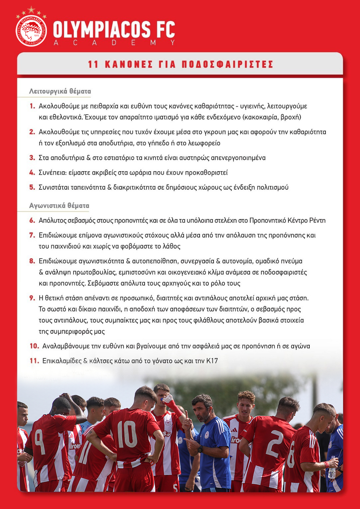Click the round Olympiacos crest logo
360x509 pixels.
point(31,31)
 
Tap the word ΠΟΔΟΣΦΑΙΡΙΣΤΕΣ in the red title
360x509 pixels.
point(227,64)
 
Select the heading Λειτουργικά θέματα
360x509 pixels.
point(60,91)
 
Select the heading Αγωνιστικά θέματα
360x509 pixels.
point(59,205)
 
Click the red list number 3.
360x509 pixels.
point(32,158)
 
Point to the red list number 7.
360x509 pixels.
point(32,235)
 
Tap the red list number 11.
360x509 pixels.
point(34,361)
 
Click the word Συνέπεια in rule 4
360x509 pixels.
point(52,173)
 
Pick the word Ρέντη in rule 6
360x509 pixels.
point(317,220)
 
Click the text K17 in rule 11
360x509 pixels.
point(212,361)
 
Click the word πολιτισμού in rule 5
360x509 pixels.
point(272,187)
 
